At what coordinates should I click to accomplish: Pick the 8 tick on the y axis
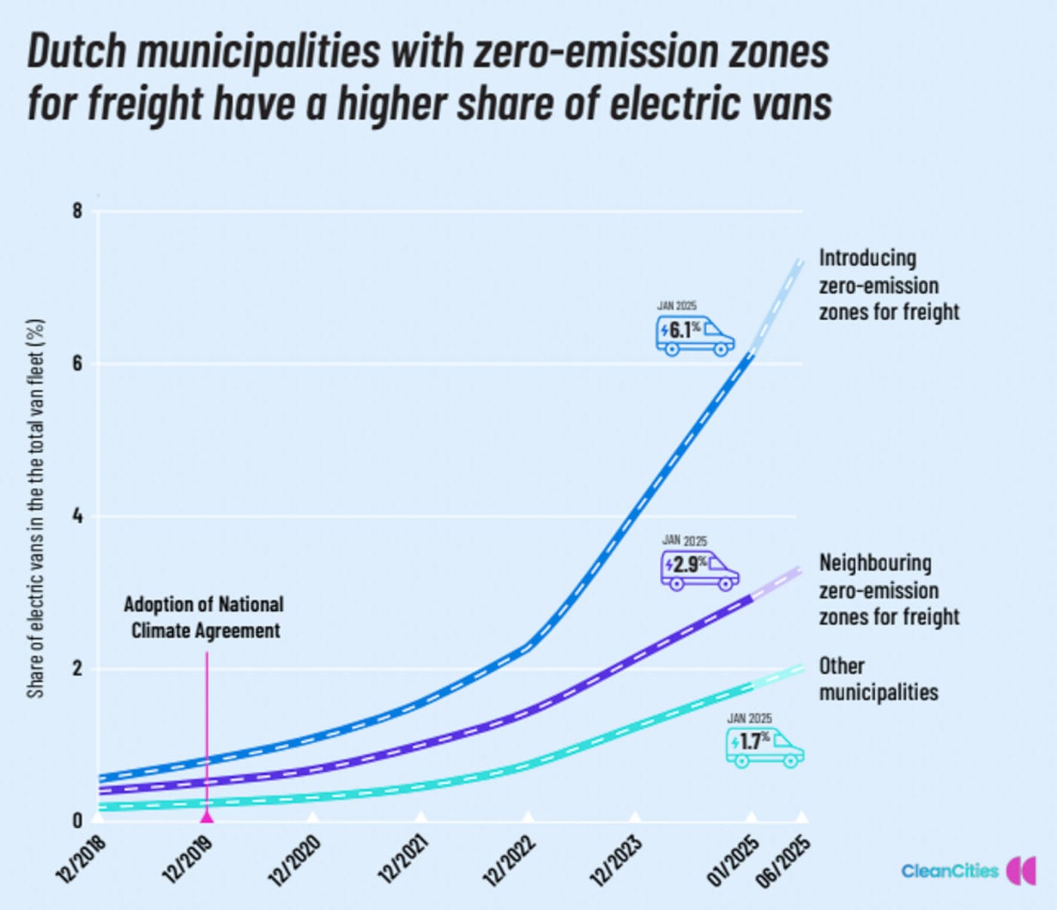[x=77, y=211]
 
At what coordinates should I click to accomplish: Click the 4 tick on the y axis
[x=77, y=517]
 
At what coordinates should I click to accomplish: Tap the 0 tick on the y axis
[x=77, y=820]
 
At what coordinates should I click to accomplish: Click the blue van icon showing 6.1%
[x=695, y=335]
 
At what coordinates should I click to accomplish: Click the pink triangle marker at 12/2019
[x=206, y=816]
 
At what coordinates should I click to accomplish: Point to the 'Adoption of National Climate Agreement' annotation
[x=205, y=617]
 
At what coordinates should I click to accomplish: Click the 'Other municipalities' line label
[x=878, y=679]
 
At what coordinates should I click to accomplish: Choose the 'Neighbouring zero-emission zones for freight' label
[x=889, y=590]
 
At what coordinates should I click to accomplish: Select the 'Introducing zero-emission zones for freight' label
[x=889, y=285]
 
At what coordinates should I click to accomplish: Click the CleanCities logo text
[x=950, y=871]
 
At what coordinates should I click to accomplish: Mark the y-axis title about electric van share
[x=35, y=507]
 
